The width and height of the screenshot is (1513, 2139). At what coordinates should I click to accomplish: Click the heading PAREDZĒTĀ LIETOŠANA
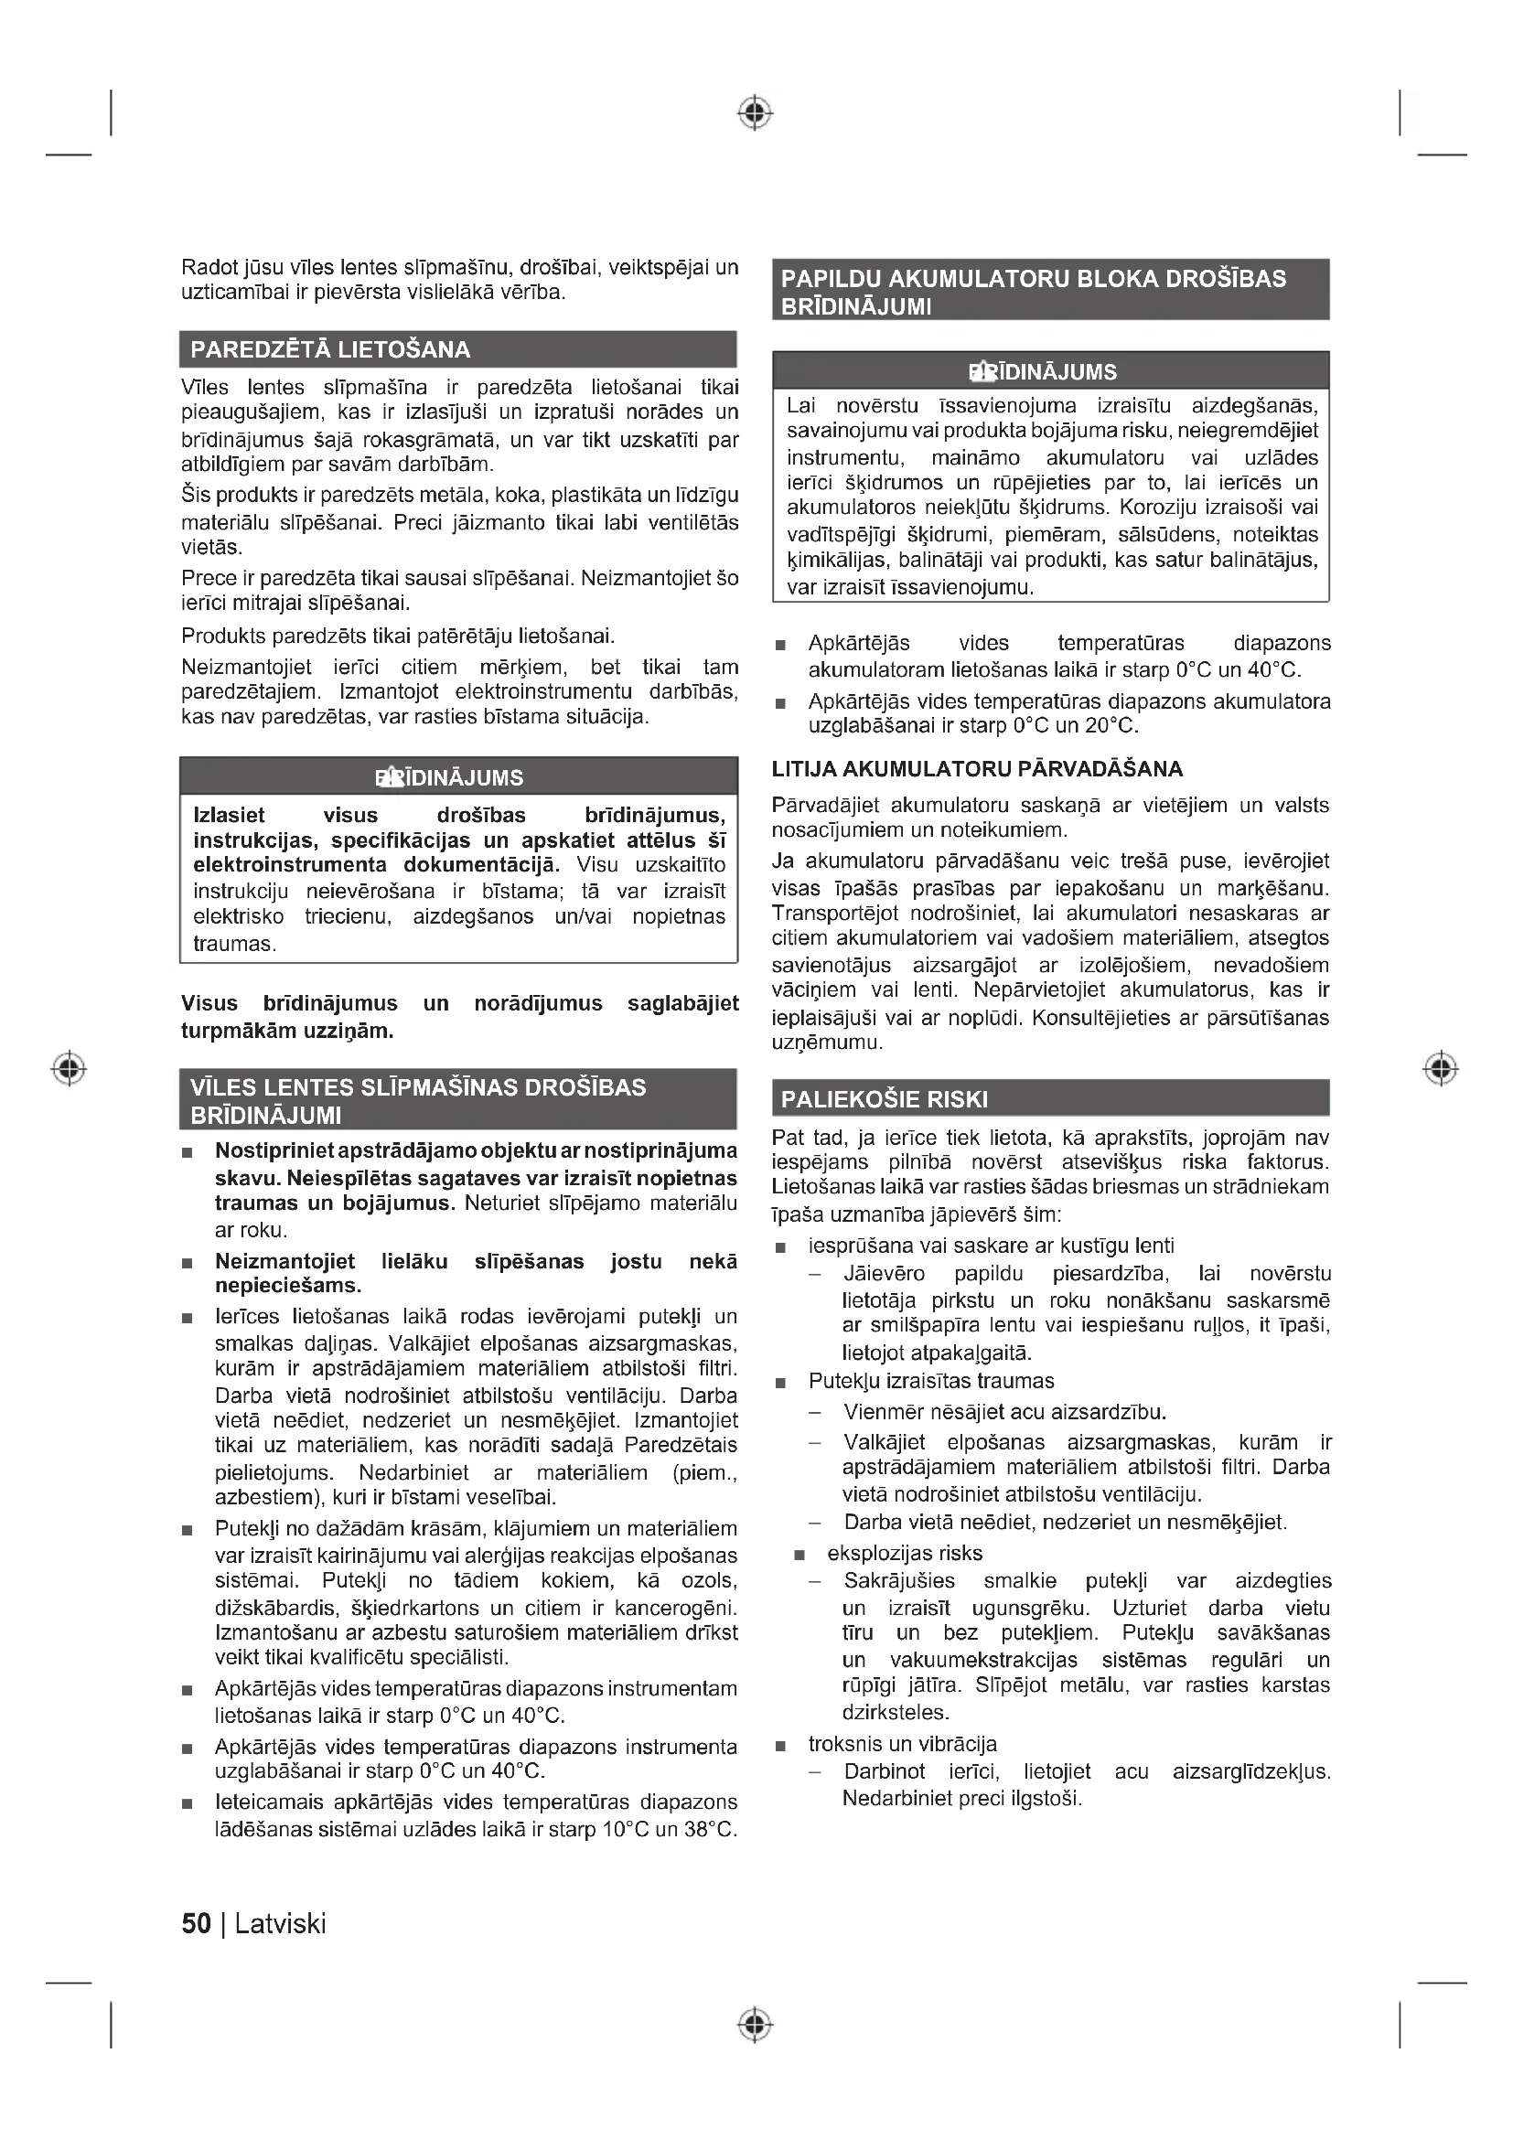point(330,350)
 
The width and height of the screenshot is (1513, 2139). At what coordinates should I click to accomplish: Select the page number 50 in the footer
point(196,1923)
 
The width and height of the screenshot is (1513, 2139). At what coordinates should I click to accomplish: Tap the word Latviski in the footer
point(281,1923)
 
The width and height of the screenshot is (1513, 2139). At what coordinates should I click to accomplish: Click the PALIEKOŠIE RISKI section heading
point(885,1099)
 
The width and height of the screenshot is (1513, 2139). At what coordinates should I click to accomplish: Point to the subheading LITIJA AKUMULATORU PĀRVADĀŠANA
point(977,769)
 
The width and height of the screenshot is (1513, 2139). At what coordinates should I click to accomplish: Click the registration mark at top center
point(755,113)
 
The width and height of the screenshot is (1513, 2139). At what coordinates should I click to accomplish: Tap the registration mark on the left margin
point(69,1067)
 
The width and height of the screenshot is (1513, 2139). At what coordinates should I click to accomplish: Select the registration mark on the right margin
point(1441,1067)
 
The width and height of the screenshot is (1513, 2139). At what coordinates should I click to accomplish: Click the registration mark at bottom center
point(755,2025)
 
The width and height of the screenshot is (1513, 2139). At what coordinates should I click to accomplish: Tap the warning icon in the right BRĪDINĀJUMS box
point(979,372)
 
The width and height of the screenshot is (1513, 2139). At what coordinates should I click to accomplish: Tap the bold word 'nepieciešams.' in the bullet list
point(288,1286)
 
